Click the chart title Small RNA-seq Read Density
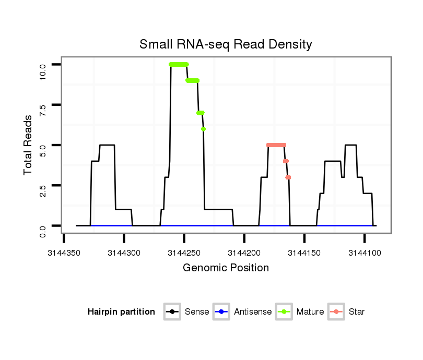pos(226,44)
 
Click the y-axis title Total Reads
pos(29,145)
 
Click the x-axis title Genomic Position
pos(226,268)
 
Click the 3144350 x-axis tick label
pos(64,253)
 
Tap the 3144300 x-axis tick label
pos(124,253)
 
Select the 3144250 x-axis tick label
pos(184,253)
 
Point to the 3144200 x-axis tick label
pos(244,253)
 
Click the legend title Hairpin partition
pos(121,312)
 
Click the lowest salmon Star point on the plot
pos(288,177)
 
